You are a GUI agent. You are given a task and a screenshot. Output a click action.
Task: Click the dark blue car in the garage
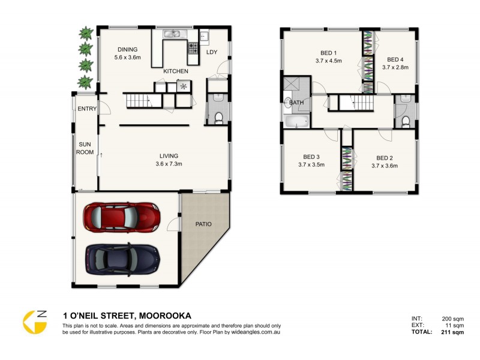[x=123, y=257]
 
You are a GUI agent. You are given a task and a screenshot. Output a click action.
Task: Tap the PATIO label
[x=203, y=224]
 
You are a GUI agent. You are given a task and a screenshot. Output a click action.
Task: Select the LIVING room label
[x=169, y=155]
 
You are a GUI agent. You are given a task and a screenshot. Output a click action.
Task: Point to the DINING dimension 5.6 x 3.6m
[x=127, y=58]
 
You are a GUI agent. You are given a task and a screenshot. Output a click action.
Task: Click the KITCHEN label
[x=176, y=71]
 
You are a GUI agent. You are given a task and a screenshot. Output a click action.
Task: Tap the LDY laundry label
[x=212, y=52]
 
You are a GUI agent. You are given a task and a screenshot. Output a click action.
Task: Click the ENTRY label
[x=87, y=109]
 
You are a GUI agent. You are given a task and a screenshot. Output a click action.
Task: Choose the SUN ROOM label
[x=85, y=148]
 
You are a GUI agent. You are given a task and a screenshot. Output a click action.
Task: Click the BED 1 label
[x=328, y=52]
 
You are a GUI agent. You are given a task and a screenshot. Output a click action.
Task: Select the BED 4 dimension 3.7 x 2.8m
[x=395, y=67]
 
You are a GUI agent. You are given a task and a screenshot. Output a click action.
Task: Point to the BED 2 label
[x=385, y=158]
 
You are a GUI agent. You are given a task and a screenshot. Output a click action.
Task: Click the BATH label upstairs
[x=296, y=103]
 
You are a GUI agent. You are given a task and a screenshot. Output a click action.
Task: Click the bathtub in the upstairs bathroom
[x=296, y=122]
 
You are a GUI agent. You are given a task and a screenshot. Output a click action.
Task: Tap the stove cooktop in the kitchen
[x=194, y=47]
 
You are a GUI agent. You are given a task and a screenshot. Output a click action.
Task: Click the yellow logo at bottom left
[x=35, y=322]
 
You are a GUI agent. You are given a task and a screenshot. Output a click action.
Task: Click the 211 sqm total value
[x=453, y=331]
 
